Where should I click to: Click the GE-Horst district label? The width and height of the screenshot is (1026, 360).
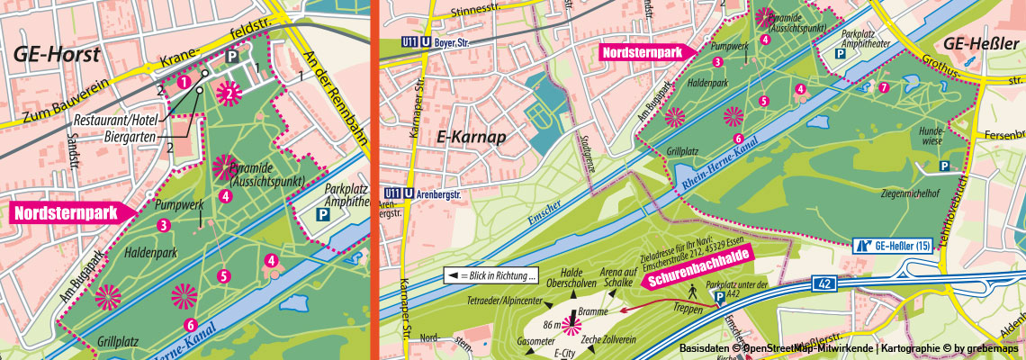pyautogui.click(x=55, y=53)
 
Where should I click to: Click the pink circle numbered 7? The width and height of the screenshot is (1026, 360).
pyautogui.click(x=884, y=87)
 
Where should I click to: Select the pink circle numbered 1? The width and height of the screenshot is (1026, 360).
pyautogui.click(x=183, y=82)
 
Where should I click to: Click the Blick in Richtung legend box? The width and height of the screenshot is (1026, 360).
pyautogui.click(x=491, y=275)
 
